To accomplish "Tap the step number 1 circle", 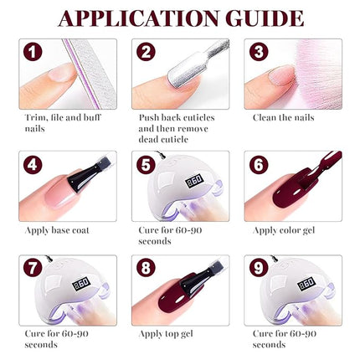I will pyautogui.click(x=33, y=52).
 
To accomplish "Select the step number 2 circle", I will pyautogui.click(x=146, y=52).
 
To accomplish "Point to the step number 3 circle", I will pyautogui.click(x=259, y=52).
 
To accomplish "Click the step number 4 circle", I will pyautogui.click(x=33, y=165).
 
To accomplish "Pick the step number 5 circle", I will pyautogui.click(x=146, y=165).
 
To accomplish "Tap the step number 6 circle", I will pyautogui.click(x=259, y=165).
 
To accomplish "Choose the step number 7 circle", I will pyautogui.click(x=33, y=270).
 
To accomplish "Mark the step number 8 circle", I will pyautogui.click(x=146, y=270).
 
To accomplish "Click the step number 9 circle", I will pyautogui.click(x=259, y=270).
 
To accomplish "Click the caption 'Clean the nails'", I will pyautogui.click(x=283, y=118).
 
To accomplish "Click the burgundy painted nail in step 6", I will pyautogui.click(x=289, y=197).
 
